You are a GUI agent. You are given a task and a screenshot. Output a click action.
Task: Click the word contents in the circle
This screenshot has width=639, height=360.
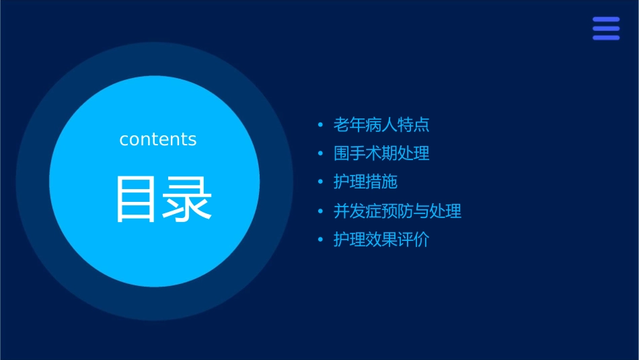[158, 139]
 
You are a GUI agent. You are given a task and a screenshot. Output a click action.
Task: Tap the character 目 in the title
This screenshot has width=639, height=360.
[137, 199]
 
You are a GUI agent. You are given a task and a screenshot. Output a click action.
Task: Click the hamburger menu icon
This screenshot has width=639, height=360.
[605, 28]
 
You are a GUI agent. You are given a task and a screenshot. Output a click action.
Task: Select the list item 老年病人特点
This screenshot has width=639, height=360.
[381, 124]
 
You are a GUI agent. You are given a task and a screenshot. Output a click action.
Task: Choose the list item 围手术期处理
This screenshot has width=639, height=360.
[381, 153]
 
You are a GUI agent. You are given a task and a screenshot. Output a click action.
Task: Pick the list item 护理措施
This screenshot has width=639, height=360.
[365, 182]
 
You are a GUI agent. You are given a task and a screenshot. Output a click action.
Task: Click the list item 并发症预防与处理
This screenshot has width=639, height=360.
[398, 211]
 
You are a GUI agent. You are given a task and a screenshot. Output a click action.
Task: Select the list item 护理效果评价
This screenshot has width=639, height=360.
[381, 240]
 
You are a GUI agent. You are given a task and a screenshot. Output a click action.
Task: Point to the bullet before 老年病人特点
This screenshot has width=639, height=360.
[320, 125]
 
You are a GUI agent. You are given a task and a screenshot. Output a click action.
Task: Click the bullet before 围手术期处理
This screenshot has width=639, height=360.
[320, 154]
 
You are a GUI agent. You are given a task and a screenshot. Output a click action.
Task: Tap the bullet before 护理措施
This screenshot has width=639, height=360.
[320, 182]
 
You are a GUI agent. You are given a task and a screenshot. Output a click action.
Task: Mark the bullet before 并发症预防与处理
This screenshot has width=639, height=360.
[320, 212]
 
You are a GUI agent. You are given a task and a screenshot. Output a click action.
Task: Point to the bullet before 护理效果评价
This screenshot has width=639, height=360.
[320, 240]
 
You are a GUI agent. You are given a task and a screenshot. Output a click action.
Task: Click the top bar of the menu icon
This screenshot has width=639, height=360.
[605, 20]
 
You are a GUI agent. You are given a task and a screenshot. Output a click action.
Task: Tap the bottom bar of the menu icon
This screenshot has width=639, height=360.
[605, 38]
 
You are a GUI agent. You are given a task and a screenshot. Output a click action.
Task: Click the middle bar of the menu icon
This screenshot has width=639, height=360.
[605, 28]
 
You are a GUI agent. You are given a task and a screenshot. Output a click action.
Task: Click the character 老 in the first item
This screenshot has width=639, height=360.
[342, 124]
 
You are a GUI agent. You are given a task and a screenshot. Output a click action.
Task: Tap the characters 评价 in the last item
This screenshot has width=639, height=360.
[414, 240]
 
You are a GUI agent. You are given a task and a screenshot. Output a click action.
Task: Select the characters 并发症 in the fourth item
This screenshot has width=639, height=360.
[358, 211]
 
